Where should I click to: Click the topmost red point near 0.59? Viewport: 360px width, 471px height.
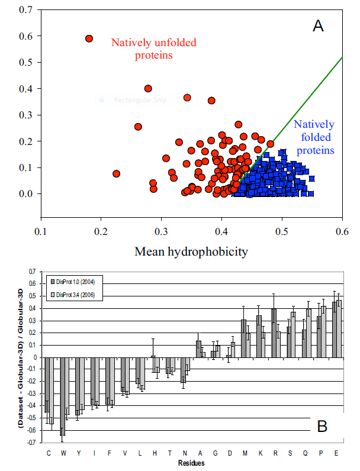point(89,38)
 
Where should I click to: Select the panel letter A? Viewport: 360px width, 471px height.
point(318,25)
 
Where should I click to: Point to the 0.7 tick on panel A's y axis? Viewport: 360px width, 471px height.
point(25,9)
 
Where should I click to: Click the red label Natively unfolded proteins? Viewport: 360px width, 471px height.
point(153,49)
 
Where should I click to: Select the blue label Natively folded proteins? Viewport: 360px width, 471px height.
point(314,137)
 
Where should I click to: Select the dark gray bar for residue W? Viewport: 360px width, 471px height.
point(62,396)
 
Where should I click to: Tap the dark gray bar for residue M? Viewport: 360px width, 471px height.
point(243,338)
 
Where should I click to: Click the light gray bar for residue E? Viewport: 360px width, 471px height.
point(339,328)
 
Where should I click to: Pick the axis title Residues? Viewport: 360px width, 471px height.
point(191,462)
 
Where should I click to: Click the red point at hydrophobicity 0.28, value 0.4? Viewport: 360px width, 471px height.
point(148,89)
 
